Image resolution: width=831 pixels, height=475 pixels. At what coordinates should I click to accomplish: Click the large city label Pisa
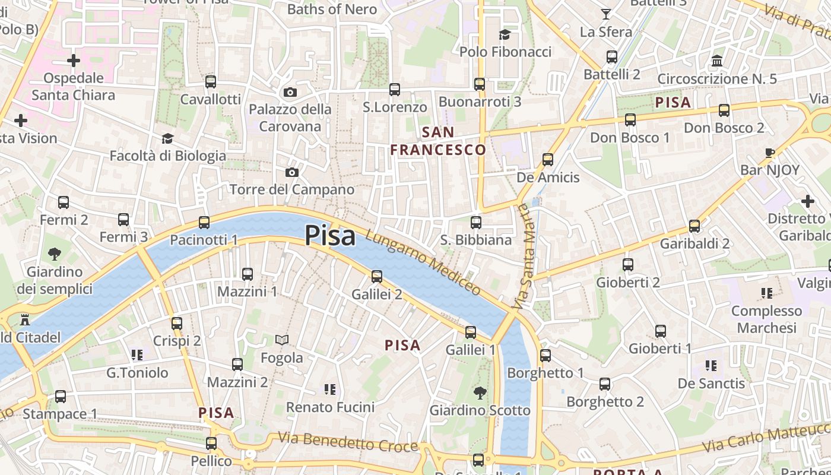(330, 235)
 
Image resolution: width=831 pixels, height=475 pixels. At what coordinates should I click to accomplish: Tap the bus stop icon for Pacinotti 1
(204, 223)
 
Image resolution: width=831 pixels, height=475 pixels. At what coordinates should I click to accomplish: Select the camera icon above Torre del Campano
(291, 172)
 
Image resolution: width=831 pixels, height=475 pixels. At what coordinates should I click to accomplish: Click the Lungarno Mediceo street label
(423, 262)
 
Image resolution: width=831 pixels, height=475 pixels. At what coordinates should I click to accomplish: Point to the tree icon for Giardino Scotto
(480, 392)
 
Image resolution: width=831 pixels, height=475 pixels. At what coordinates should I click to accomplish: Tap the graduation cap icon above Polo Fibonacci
(505, 34)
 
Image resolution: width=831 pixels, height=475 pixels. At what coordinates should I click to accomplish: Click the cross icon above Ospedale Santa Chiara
(74, 61)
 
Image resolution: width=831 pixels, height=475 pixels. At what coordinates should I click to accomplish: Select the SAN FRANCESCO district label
(439, 141)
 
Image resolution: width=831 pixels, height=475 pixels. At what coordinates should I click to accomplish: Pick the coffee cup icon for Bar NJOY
(770, 152)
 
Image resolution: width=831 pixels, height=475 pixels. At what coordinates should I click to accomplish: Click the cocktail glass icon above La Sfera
(605, 14)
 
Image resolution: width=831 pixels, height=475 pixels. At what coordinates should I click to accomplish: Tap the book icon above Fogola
(282, 340)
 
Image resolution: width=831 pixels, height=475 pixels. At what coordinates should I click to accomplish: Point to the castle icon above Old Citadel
(25, 320)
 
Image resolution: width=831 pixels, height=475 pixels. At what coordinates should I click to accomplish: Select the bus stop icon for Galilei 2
(377, 276)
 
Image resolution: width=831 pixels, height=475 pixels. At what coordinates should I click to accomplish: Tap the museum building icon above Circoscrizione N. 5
(717, 61)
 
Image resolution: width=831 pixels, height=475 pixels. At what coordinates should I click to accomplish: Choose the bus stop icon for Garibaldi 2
(694, 226)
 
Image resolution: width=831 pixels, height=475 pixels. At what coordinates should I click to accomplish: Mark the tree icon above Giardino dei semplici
(55, 254)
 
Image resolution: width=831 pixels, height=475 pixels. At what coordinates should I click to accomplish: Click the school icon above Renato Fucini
(330, 389)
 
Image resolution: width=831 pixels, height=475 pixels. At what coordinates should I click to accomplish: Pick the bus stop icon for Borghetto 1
(545, 356)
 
